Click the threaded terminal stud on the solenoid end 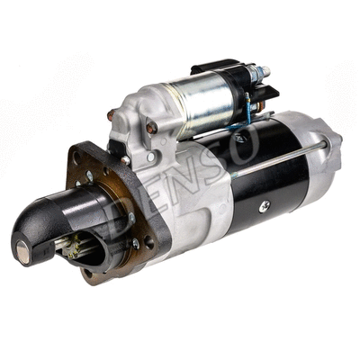[x=263, y=70]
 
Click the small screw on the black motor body [x=264, y=206]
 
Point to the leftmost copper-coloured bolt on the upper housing [x=112, y=114]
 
